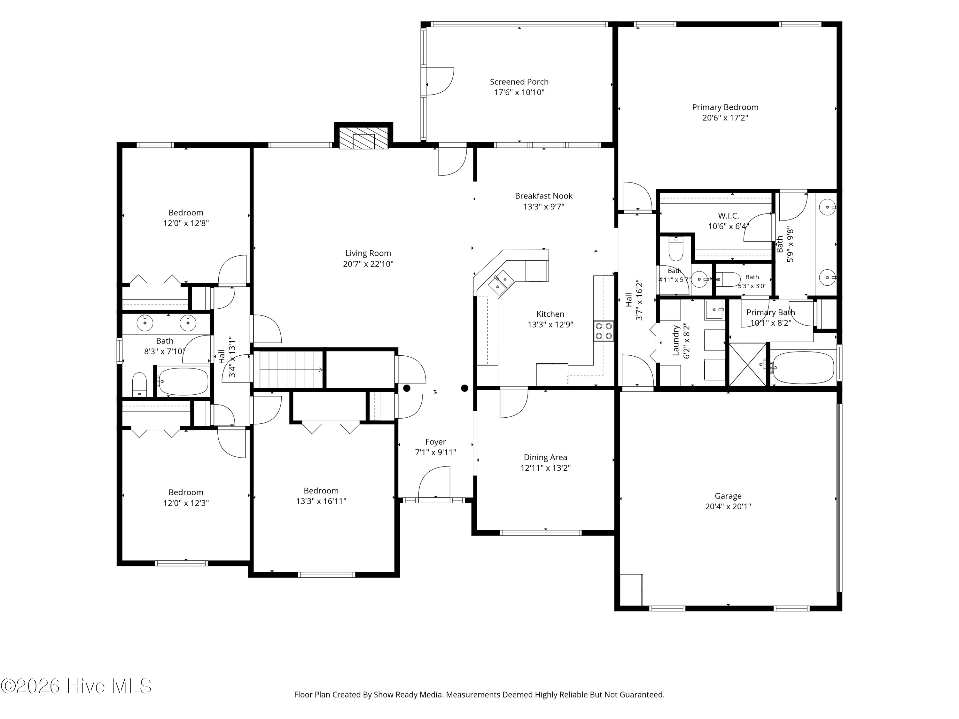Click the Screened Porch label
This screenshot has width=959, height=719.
519,82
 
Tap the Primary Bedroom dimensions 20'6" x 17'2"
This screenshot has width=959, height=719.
725,118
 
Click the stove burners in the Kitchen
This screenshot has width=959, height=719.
604,331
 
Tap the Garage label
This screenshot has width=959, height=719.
728,496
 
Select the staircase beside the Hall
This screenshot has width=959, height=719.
289,370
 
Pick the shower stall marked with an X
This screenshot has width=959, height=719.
748,365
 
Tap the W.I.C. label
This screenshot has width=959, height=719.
728,216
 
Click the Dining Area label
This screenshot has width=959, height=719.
545,457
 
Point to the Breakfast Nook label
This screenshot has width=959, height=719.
544,196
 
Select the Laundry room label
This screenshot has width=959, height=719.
675,341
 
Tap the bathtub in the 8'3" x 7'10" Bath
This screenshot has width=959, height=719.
182,381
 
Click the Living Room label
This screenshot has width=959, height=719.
368,253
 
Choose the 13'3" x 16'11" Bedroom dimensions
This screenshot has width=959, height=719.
321,501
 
